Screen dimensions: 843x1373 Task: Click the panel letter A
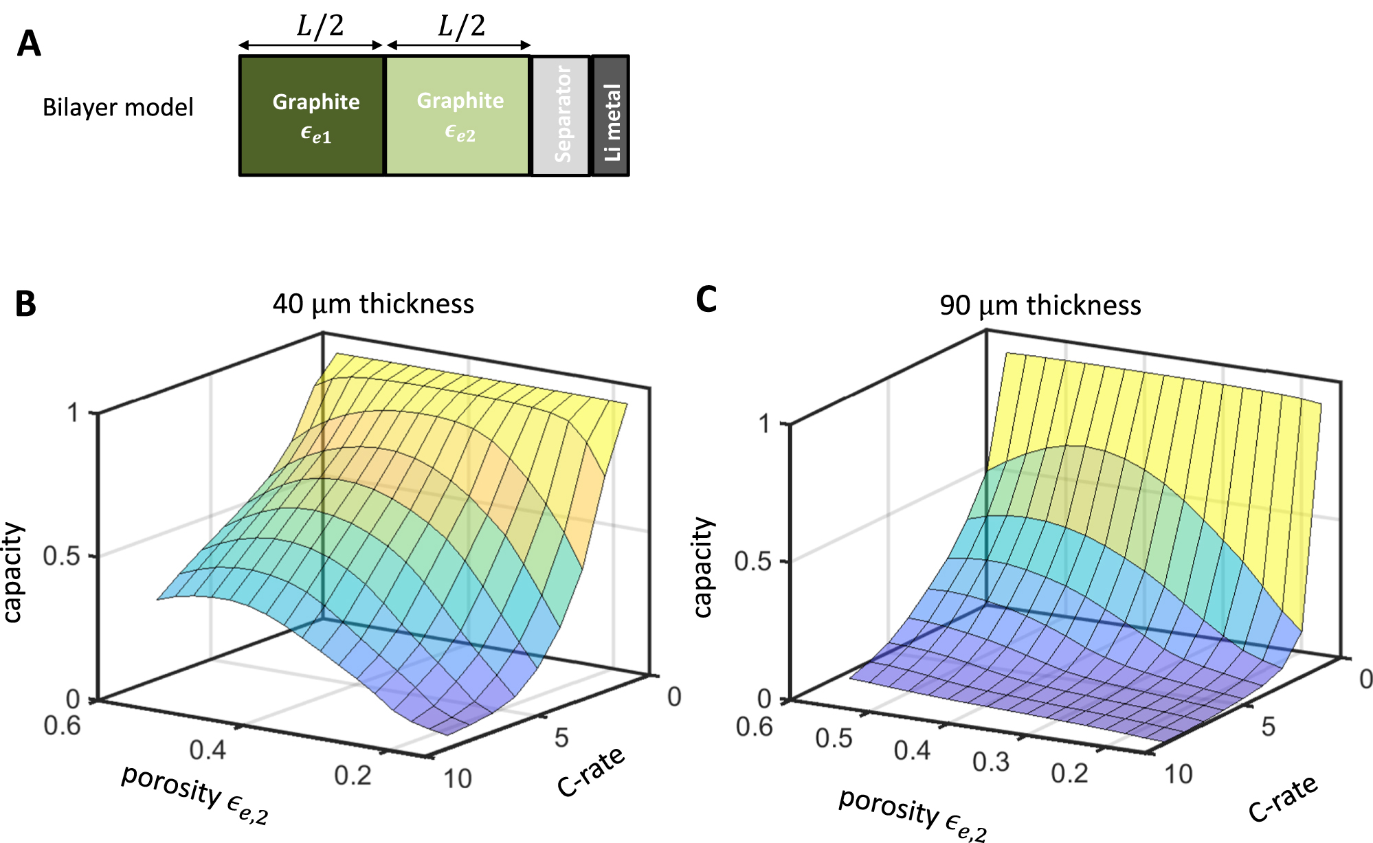29,45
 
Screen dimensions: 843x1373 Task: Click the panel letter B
25,304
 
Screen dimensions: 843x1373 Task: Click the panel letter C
706,300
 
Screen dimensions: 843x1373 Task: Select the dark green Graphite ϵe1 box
311,115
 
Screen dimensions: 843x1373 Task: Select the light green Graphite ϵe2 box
458,115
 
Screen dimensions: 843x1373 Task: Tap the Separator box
561,115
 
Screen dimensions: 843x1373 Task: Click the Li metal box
610,115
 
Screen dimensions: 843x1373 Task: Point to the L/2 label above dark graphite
320,26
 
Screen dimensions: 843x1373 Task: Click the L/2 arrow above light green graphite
458,45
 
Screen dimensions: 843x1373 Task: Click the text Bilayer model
118,107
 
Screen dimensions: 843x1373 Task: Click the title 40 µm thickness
373,304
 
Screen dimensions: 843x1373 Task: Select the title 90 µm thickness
1040,305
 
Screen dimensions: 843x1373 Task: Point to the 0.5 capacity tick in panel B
61,556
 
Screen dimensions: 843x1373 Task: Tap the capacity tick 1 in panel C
764,423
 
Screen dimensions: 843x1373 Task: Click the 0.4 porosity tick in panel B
208,750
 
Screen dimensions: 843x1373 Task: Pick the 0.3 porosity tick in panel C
990,761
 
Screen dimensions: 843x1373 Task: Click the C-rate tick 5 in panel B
561,738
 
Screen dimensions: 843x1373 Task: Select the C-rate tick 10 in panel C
1178,774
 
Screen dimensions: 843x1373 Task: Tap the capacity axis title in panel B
14,572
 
